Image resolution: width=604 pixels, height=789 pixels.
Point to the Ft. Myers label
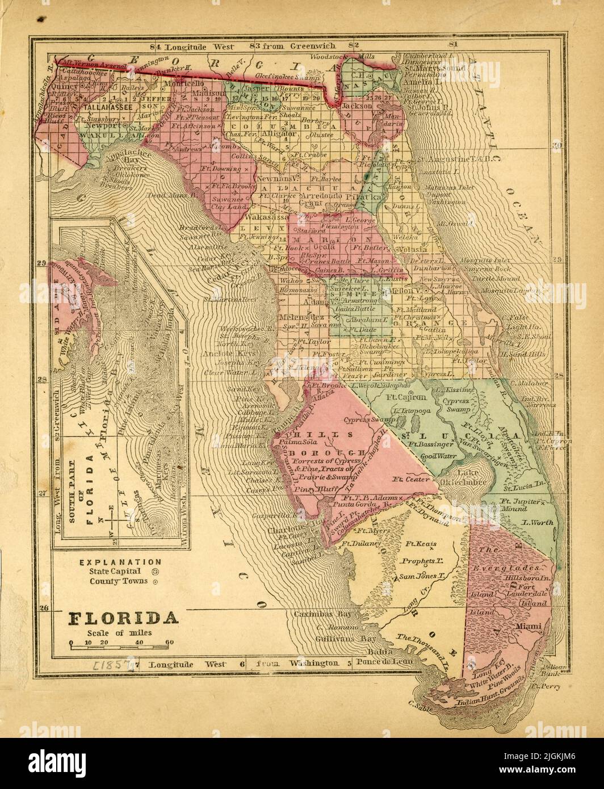tap(370, 530)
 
